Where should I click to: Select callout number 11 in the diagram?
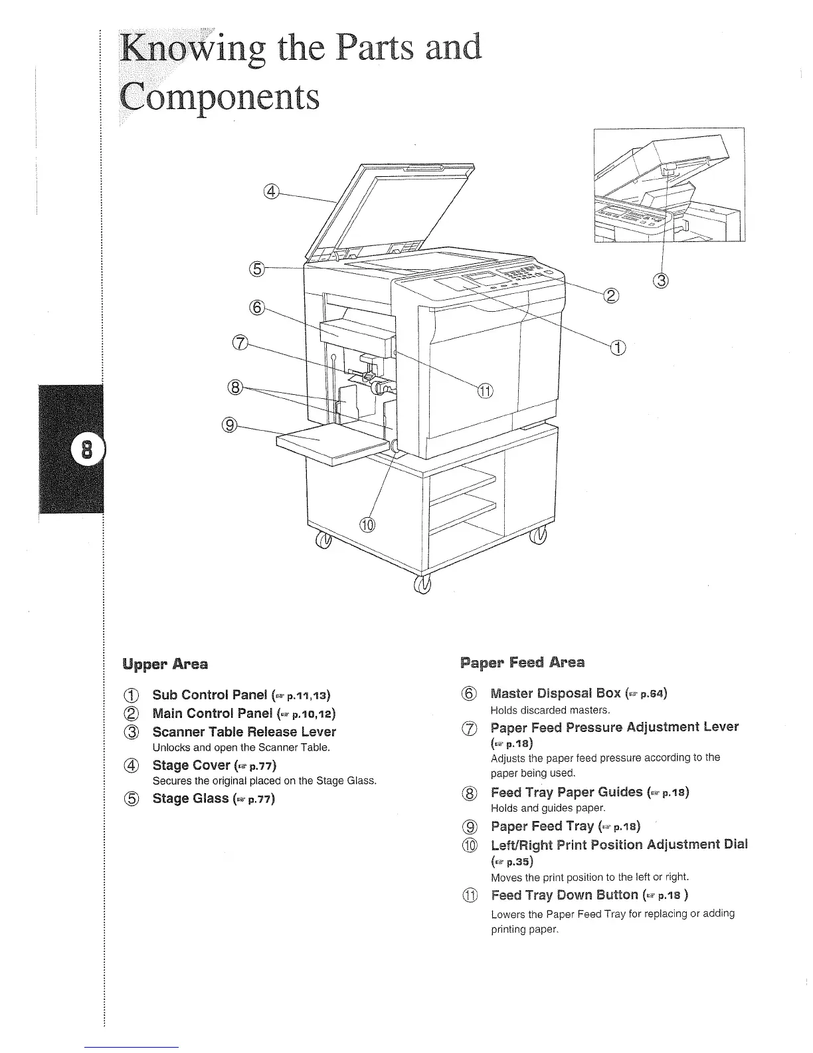486,391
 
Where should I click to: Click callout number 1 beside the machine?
618,346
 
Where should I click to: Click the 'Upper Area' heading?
165,663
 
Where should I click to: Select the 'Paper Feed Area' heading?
522,662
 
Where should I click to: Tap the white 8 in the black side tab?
86,451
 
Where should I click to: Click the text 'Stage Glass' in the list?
191,798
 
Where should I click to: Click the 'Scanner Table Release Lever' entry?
244,731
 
